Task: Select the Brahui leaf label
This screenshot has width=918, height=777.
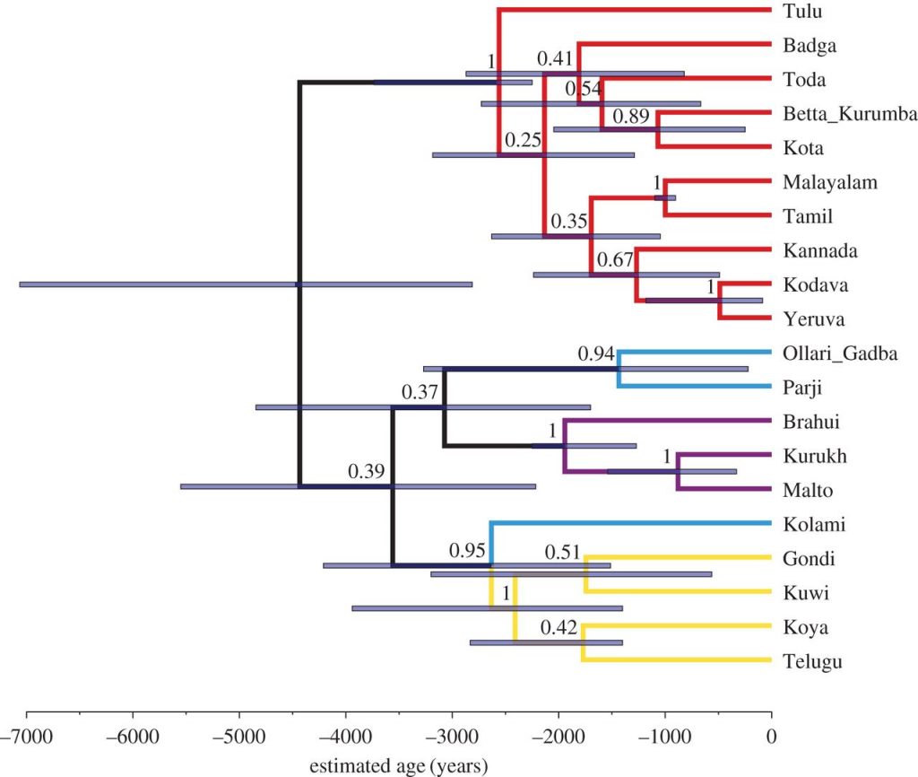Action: click(810, 422)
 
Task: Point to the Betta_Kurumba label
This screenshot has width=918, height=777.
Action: click(848, 114)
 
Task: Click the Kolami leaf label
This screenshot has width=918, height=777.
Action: click(810, 525)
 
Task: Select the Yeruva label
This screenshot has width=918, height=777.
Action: click(810, 319)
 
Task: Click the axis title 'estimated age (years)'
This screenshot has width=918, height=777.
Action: click(399, 766)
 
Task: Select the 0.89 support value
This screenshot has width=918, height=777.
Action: click(631, 116)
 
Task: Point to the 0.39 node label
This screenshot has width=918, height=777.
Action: click(368, 472)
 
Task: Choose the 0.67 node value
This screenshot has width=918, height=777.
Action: click(615, 261)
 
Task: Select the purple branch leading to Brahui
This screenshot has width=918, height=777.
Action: click(666, 420)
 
